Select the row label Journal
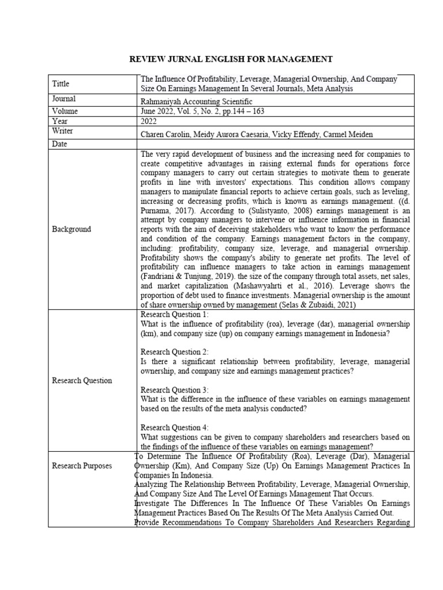64,99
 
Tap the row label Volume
65,111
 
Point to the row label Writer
63,131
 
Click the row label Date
60,143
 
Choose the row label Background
72,229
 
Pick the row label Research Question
82,380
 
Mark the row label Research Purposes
81,466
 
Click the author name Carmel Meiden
351,134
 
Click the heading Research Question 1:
175,314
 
